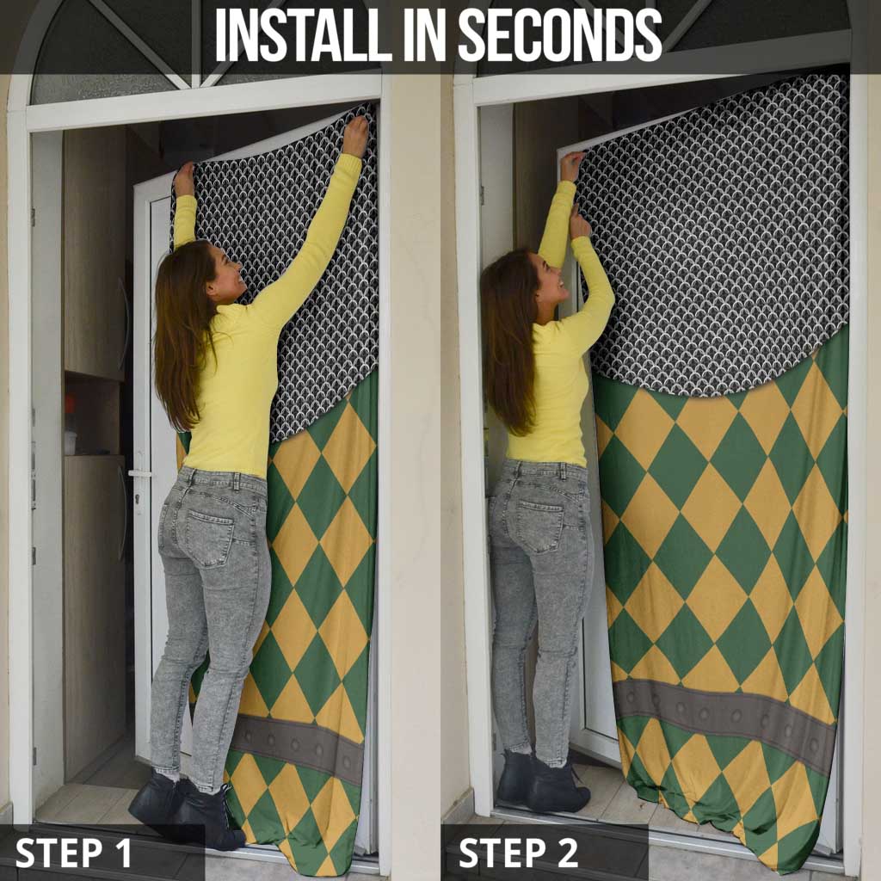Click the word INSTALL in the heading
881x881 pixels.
click(304, 34)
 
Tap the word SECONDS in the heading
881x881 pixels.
click(560, 34)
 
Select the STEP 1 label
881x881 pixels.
click(73, 853)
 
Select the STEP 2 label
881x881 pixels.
click(518, 853)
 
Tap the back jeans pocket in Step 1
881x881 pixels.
click(210, 537)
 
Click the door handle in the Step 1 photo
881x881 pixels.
click(139, 474)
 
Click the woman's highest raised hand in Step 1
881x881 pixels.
click(355, 135)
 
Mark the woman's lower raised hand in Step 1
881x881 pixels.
click(184, 179)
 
